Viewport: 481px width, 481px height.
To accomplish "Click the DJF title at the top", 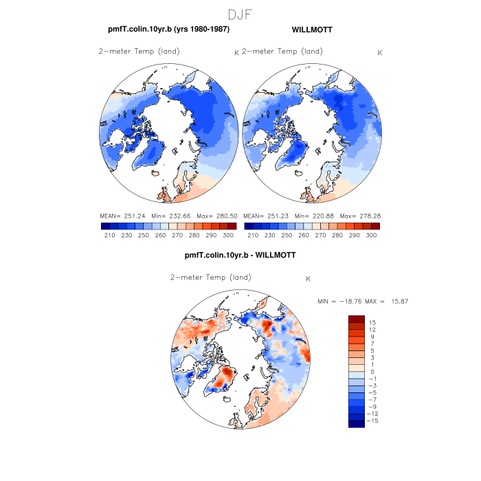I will tap(240, 13).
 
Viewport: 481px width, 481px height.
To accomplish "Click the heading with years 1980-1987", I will tap(168, 30).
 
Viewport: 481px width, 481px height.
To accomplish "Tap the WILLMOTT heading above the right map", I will tap(312, 30).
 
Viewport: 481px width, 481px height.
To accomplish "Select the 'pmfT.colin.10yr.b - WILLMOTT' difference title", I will tap(240, 255).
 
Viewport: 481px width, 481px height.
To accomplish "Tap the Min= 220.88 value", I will tap(313, 216).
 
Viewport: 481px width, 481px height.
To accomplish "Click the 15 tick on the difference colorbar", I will tap(372, 322).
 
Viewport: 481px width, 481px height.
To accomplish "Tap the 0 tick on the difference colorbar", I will tap(372, 372).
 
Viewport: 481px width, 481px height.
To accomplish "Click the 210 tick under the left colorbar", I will tap(106, 236).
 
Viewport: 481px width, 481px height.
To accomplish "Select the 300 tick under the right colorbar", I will tap(372, 236).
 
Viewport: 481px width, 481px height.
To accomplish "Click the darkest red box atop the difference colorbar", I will tap(356, 319).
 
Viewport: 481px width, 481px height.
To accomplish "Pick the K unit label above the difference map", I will tap(309, 279).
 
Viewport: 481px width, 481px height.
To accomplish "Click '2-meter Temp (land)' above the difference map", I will tap(210, 278).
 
